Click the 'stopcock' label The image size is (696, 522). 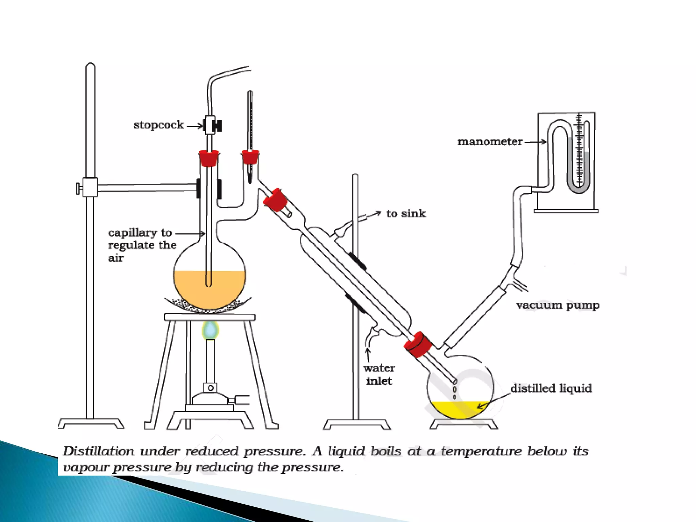point(158,125)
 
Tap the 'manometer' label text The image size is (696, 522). point(490,142)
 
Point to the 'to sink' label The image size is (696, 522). point(406,213)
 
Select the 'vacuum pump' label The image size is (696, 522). point(557,305)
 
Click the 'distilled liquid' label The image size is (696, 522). point(551,388)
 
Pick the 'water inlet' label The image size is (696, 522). point(379,375)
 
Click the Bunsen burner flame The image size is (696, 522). point(210,330)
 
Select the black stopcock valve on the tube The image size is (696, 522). point(216,126)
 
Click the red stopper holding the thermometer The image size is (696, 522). point(250,158)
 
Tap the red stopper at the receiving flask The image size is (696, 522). point(418,344)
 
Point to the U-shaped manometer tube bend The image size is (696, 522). point(578,189)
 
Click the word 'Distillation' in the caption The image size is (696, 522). point(99,451)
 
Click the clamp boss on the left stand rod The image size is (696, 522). point(90,187)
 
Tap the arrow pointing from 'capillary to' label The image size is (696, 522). point(190,233)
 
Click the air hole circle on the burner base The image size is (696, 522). point(210,388)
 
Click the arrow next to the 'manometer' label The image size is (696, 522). point(536,142)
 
